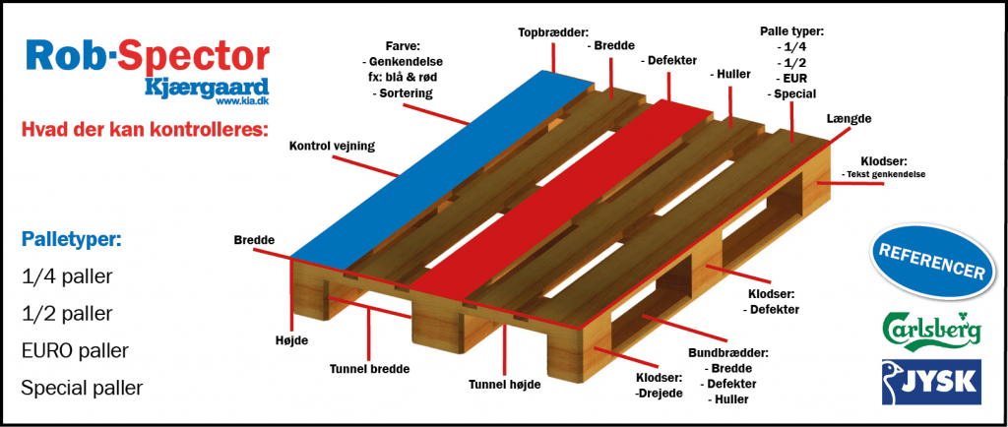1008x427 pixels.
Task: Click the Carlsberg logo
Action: point(931,328)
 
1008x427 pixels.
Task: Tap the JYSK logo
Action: point(931,382)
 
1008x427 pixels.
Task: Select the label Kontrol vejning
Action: point(332,146)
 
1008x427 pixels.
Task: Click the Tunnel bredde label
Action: point(369,369)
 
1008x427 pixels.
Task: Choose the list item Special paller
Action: point(82,388)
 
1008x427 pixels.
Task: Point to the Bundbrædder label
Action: point(727,352)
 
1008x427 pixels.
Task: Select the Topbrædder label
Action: point(554,32)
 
